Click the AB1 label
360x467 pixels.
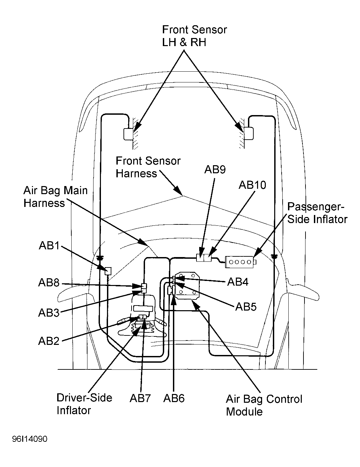[x=49, y=245]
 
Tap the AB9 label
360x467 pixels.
[x=215, y=169]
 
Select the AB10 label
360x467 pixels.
[x=252, y=185]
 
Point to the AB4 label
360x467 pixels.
[x=238, y=282]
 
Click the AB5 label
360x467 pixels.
[x=246, y=307]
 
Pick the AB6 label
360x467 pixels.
[x=174, y=398]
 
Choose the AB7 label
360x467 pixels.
[x=140, y=398]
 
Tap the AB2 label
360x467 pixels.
[x=49, y=341]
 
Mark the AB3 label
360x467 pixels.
[x=49, y=313]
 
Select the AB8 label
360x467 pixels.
[x=49, y=283]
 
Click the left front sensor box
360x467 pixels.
[x=128, y=134]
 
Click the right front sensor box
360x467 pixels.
[x=249, y=134]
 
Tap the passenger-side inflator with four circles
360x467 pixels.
[x=241, y=262]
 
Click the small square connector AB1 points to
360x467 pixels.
[x=108, y=271]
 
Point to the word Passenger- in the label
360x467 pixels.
[x=316, y=207]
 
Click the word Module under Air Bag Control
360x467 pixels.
[x=245, y=411]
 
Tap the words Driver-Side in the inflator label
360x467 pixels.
[x=84, y=398]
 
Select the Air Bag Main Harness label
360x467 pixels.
[x=56, y=196]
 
